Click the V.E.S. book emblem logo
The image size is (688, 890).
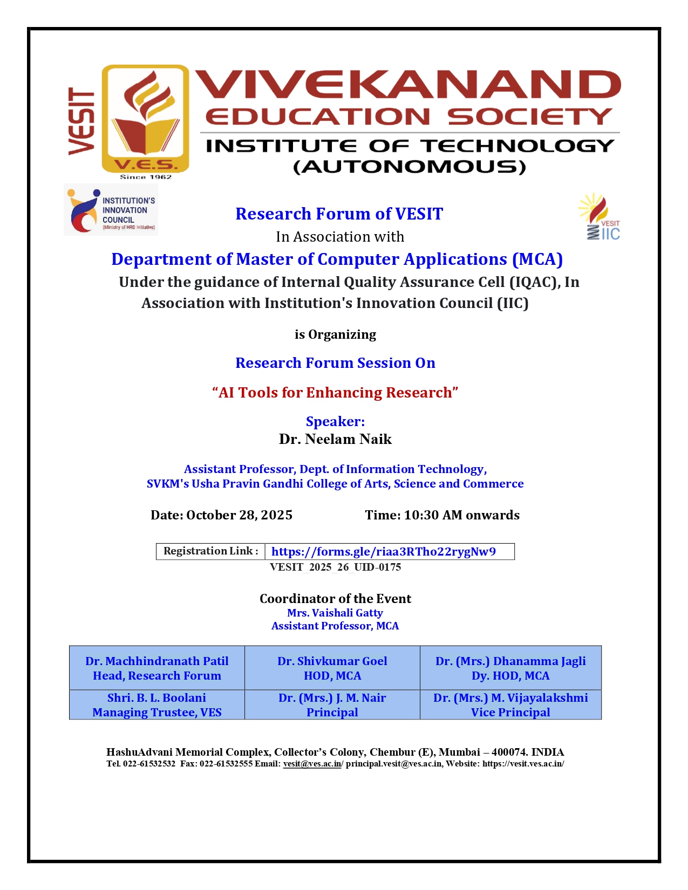pyautogui.click(x=145, y=120)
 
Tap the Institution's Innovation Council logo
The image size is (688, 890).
pyautogui.click(x=111, y=210)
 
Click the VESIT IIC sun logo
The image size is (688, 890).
pyautogui.click(x=600, y=217)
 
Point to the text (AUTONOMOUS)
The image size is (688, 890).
pyautogui.click(x=410, y=167)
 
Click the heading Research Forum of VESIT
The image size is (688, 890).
pyautogui.click(x=339, y=214)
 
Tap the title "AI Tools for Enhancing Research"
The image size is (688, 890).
pyautogui.click(x=335, y=393)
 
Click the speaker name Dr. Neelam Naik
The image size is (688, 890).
pyautogui.click(x=335, y=439)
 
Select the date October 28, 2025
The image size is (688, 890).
pyautogui.click(x=239, y=515)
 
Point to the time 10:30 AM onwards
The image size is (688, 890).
pyautogui.click(x=461, y=515)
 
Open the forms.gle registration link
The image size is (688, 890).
pyautogui.click(x=383, y=551)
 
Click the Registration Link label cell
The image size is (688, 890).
pyautogui.click(x=210, y=551)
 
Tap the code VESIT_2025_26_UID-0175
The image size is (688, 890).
pyautogui.click(x=335, y=567)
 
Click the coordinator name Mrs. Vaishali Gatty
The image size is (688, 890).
pyautogui.click(x=335, y=613)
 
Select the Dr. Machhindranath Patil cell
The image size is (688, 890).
pyautogui.click(x=157, y=668)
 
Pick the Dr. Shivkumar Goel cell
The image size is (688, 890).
pyautogui.click(x=332, y=668)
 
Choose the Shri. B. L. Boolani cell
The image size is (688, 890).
pyautogui.click(x=157, y=704)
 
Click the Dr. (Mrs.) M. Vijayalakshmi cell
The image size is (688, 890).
pyautogui.click(x=510, y=704)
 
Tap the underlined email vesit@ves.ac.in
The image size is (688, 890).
pyautogui.click(x=312, y=764)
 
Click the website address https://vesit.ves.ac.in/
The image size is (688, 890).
pyautogui.click(x=523, y=764)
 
